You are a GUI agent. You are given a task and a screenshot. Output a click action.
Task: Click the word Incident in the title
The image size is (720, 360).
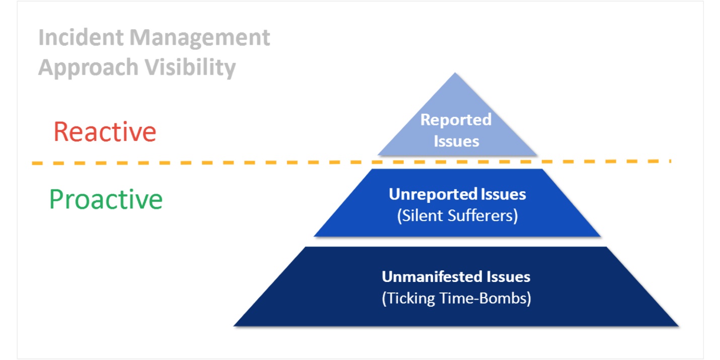81,37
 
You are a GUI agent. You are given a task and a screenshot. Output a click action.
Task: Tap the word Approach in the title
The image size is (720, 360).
89,68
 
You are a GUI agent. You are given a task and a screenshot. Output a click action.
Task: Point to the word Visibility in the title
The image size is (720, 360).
190,67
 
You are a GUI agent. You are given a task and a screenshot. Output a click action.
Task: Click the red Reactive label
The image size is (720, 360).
105,131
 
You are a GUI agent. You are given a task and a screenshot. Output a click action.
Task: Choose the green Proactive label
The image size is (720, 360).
106,199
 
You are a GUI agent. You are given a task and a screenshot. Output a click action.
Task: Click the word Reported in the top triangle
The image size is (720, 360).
456,120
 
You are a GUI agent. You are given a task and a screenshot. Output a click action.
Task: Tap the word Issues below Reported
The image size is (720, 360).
457,141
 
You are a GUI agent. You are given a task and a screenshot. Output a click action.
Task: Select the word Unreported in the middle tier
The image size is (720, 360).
433,194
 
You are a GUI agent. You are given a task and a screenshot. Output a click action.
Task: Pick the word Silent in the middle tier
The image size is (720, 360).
420,215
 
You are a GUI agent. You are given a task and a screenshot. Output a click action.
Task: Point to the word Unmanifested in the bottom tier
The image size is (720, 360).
432,277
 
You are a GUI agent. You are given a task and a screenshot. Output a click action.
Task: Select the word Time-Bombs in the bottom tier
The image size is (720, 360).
485,298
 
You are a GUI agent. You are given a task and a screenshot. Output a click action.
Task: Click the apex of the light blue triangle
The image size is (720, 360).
455,73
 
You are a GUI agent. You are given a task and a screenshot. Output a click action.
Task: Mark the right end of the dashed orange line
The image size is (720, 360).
671,161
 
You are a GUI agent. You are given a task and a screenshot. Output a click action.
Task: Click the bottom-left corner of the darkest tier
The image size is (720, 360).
234,326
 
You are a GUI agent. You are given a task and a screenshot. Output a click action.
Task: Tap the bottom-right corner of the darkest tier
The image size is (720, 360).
678,326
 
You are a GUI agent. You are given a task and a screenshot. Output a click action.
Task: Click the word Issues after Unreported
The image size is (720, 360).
503,194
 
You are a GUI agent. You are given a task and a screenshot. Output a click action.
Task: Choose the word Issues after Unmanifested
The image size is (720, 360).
508,277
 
